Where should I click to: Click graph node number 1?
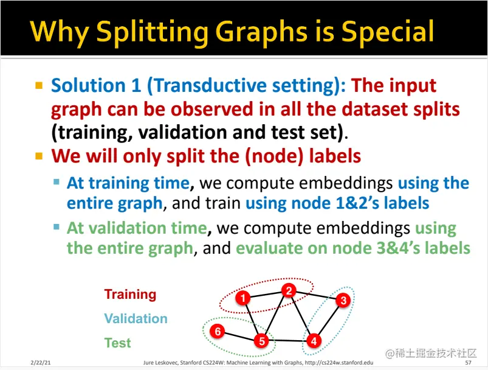point(243,298)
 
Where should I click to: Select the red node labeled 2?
point(289,291)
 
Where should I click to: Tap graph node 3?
point(343,300)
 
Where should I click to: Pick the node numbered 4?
point(314,341)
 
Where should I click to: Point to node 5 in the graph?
point(262,340)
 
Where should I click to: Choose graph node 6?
point(217,331)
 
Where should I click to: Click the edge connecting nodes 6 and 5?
point(239,336)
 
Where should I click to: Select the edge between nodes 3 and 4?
point(329,321)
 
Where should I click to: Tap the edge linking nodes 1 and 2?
point(266,295)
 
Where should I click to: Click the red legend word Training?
point(130,295)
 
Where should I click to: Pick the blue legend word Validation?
point(136,318)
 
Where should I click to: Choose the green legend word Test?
point(118,343)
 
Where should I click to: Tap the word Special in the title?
point(387,31)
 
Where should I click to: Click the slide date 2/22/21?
point(41,363)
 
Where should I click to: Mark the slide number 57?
point(468,363)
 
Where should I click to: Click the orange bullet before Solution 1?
point(39,85)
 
